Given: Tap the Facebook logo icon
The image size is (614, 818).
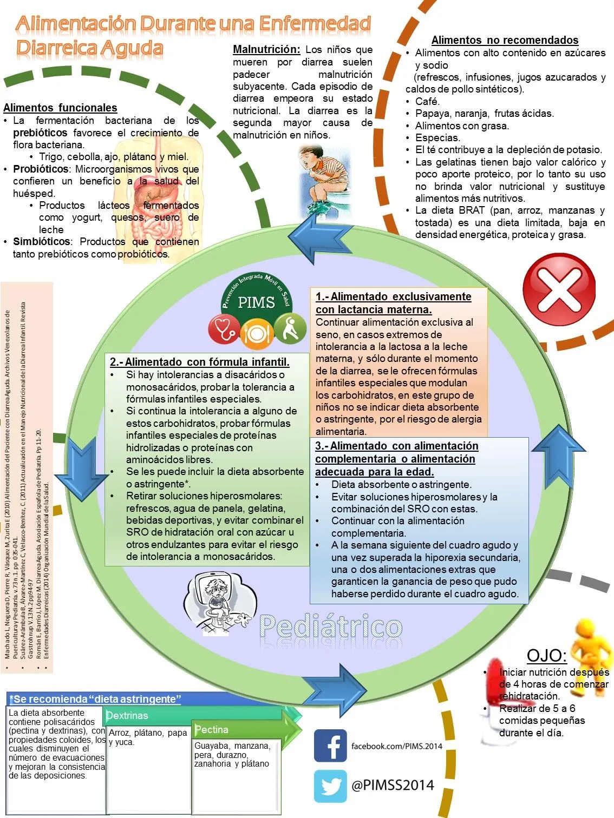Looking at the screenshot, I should (330, 746).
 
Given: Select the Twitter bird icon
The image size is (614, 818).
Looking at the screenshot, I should (330, 786).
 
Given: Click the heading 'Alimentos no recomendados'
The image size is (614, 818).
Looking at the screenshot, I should (505, 40).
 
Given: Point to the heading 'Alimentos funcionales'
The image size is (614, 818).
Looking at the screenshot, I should (60, 108).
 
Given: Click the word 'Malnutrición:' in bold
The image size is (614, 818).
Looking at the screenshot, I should (266, 49).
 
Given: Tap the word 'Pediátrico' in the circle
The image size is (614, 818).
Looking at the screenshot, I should (330, 626).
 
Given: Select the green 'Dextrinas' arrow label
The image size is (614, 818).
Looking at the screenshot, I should (128, 715).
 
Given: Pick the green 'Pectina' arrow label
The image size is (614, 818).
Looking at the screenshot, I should (212, 729).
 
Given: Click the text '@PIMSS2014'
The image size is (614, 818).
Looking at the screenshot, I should (393, 785).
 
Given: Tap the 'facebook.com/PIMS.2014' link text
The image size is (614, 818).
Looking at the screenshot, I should (396, 746).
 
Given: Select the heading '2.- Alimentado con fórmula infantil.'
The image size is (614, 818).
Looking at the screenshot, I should (199, 362).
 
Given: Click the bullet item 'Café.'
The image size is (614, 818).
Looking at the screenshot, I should (427, 101).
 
